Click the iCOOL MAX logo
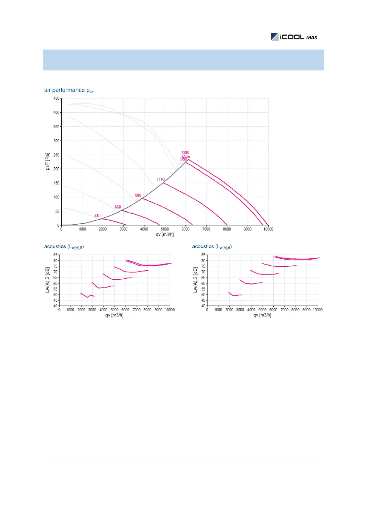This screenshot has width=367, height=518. coord(294,37)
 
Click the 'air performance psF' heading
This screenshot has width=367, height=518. coord(69,90)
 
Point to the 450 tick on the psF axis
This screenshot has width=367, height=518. coord(56,98)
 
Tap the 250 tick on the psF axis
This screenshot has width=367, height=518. coord(56,155)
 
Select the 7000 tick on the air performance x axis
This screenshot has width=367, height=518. coord(206,229)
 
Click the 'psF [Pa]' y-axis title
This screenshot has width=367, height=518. coord(47,161)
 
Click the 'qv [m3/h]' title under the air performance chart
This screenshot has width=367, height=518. coord(165,235)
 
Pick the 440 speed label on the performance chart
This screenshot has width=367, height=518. coord(97,216)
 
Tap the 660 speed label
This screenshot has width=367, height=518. coord(118,207)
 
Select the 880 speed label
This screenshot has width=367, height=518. coord(138,195)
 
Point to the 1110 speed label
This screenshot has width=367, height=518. coord(161,179)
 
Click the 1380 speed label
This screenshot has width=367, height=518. coord(185,152)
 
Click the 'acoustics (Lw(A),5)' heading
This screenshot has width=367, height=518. coord(64,247)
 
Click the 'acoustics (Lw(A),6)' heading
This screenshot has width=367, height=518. coord(212,247)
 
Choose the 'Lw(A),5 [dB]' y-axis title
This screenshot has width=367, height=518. coord(47,280)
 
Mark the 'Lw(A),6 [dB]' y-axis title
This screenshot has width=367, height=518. coord(195,280)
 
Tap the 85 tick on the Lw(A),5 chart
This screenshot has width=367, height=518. coord(55,255)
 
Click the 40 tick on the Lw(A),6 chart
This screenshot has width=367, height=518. coord(203,306)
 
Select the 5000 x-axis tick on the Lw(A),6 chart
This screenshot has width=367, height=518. coord(262,310)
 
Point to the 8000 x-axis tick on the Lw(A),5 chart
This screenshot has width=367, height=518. coord(148,310)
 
